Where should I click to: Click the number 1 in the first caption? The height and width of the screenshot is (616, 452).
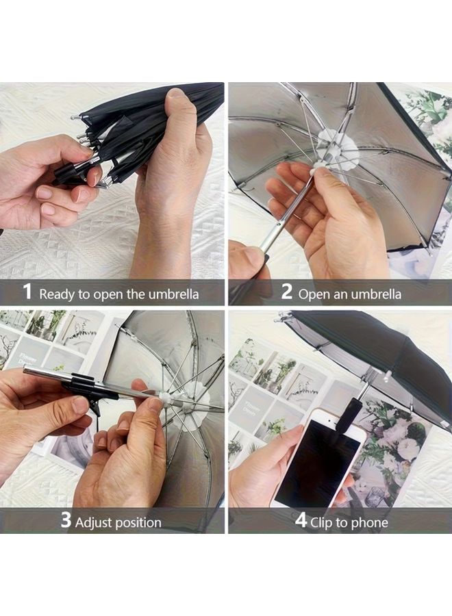point(27,293)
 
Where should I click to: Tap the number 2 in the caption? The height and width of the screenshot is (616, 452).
point(287,293)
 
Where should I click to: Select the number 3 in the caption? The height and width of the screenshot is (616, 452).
point(66,521)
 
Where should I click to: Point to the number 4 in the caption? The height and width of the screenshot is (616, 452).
point(301,521)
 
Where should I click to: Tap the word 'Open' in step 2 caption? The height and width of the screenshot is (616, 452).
point(314,294)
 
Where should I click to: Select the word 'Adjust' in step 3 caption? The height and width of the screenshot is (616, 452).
point(94,522)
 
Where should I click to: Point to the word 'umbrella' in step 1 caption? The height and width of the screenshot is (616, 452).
point(173,294)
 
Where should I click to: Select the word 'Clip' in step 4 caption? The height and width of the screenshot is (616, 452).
point(323,522)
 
